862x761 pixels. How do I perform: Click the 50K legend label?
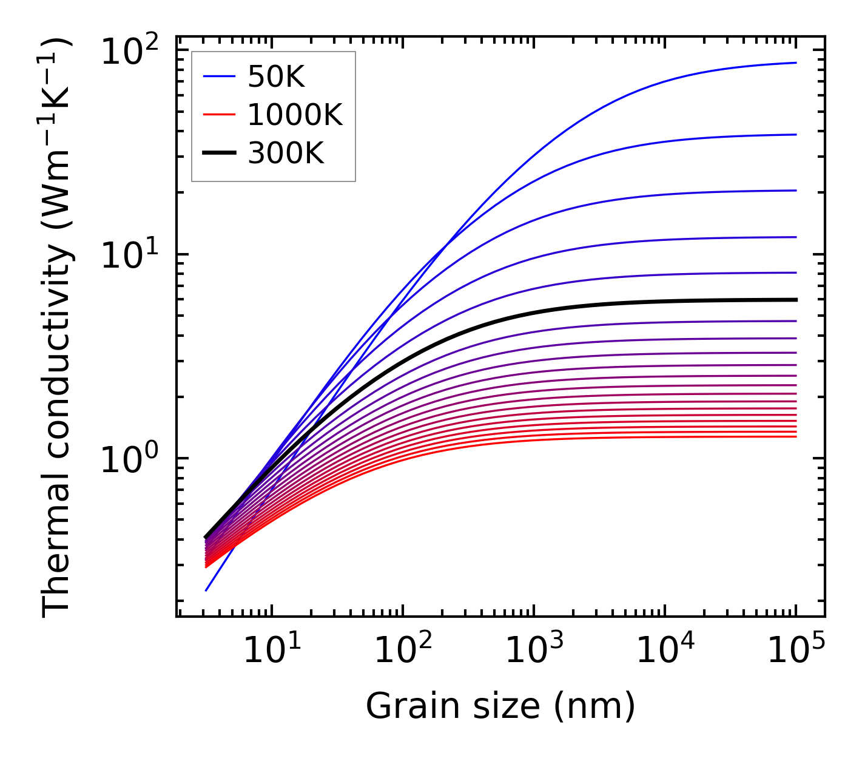(x=276, y=77)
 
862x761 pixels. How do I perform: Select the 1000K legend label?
(x=295, y=115)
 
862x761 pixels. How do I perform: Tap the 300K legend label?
(x=286, y=154)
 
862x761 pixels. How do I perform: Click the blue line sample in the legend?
(x=218, y=77)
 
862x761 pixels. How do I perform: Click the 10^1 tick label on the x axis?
(x=272, y=652)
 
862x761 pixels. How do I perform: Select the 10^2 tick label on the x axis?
(x=403, y=652)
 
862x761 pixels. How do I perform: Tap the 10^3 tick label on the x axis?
(x=534, y=652)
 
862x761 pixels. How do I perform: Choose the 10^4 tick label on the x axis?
(x=665, y=652)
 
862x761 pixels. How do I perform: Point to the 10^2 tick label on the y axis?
(x=129, y=52)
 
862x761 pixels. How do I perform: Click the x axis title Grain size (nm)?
(x=500, y=706)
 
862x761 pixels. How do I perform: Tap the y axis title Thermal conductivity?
(x=58, y=328)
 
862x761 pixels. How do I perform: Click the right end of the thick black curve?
(x=796, y=300)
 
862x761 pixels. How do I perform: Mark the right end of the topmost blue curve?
(x=796, y=63)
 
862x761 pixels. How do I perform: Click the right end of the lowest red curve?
(x=796, y=437)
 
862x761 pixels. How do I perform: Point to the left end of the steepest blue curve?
(x=206, y=590)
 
